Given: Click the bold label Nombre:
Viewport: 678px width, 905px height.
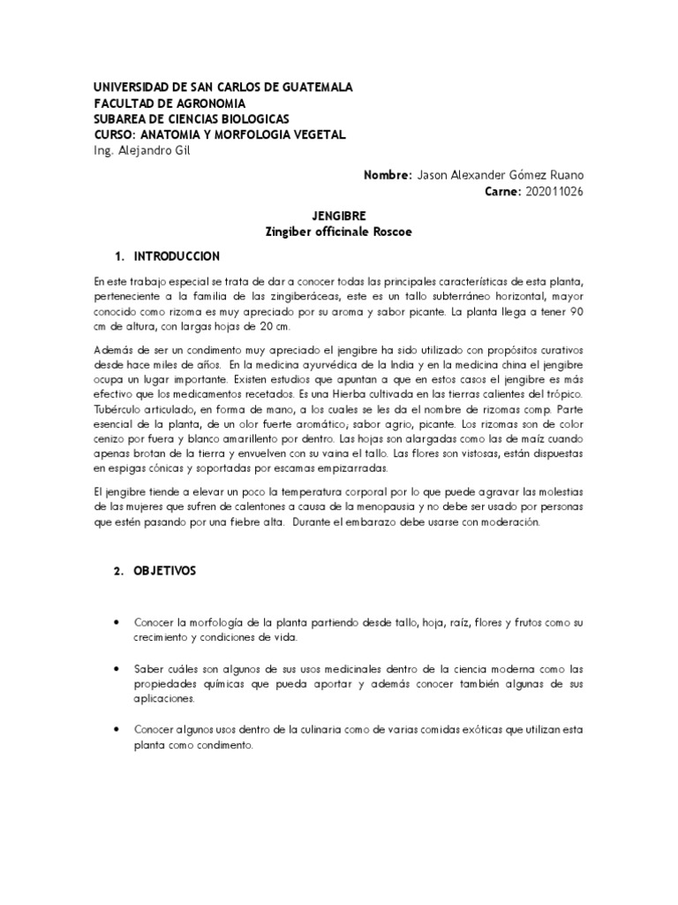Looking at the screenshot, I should coord(388,175).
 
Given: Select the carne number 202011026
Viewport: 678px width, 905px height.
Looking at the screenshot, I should coord(554,191).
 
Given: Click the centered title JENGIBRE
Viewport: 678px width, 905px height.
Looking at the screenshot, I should coord(339,216).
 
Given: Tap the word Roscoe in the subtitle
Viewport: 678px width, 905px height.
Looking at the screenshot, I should coord(390,232).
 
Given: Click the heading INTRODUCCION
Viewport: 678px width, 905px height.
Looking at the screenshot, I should coord(177,256).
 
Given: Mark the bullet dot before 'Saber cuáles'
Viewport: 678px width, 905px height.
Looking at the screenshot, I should coord(117,668).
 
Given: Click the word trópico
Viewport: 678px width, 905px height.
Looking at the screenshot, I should coord(561,395).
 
